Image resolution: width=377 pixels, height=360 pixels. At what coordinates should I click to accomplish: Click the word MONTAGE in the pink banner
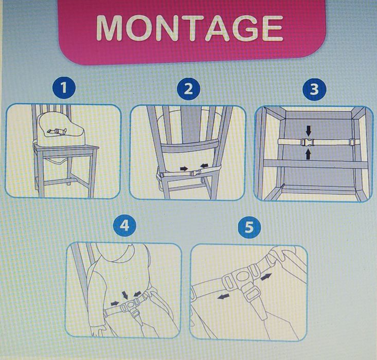coord(190,28)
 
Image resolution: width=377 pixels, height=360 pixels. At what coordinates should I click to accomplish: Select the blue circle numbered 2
coord(188,89)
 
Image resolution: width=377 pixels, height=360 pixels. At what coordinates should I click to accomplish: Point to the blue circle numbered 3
coord(314,89)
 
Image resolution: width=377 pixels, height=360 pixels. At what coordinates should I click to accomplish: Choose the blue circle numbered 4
coord(124,226)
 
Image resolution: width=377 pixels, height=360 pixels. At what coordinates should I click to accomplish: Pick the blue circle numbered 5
coord(249,226)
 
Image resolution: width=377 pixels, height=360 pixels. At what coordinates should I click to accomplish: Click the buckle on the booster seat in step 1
coord(57,131)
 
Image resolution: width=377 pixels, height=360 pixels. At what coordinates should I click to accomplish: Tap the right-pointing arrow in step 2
coord(184,169)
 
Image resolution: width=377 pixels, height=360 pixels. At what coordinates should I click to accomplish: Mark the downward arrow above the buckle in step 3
coord(309,131)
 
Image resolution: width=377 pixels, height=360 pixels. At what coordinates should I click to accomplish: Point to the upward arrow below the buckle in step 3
coord(308,154)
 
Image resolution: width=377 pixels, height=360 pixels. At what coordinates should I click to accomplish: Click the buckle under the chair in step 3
coord(306,142)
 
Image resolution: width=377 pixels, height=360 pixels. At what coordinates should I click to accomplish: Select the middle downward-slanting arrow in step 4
coord(125,295)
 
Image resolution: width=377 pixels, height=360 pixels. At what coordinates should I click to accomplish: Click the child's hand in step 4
coord(97,331)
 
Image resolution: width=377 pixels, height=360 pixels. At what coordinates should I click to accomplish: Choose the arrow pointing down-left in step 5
coord(223,296)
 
